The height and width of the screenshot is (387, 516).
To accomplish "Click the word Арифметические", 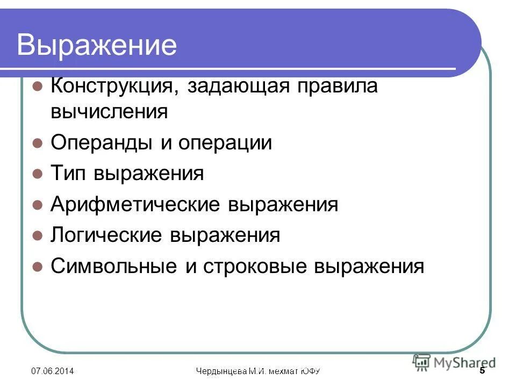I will click(135, 205).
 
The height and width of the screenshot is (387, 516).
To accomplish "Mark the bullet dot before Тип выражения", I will click(37, 174).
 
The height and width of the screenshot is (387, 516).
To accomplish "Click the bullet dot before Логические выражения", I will click(37, 236).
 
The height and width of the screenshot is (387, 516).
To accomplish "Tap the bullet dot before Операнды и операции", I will click(37, 144).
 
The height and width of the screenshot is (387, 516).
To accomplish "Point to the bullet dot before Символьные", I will click(37, 267).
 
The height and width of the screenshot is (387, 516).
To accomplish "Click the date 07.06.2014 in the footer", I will click(52, 371).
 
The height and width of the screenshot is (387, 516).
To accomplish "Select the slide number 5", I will click(482, 371).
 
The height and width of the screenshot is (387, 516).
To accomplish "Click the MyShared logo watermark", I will click(454, 363).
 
